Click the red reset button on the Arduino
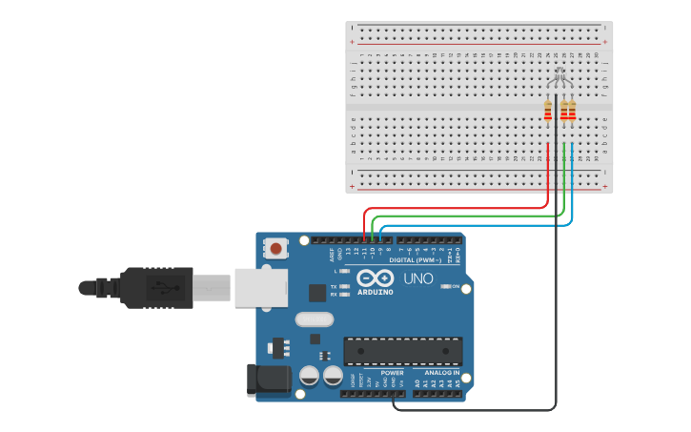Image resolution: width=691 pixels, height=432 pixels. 275,249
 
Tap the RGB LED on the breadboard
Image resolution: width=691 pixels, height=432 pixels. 559,75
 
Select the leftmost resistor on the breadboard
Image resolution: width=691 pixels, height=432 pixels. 547,111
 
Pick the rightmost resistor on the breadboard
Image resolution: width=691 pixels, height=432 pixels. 572,111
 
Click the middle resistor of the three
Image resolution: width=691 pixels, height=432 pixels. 564,111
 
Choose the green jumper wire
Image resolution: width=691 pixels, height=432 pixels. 467,216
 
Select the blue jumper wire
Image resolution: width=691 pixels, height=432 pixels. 477,225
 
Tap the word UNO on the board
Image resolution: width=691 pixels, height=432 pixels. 418,278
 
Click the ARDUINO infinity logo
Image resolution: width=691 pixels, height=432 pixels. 375,278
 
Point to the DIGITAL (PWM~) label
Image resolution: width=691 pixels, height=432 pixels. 416,260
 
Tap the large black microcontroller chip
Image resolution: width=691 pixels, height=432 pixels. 402,350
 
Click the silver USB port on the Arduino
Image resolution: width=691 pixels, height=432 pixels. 260,287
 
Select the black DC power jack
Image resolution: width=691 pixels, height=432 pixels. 268,380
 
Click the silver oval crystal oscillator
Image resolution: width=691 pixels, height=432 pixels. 315,319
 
